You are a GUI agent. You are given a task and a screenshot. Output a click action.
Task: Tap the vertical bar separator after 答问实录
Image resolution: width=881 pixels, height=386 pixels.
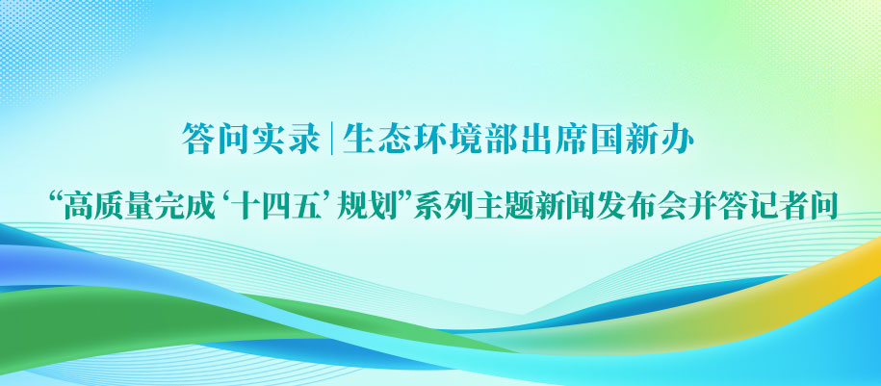[331, 140]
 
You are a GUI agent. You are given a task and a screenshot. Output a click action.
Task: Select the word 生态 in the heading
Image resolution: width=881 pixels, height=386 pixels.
[376, 140]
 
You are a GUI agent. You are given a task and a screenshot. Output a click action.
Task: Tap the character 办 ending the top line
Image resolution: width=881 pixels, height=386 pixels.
[678, 140]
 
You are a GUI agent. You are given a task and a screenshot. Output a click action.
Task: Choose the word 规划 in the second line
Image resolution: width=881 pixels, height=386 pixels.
[366, 206]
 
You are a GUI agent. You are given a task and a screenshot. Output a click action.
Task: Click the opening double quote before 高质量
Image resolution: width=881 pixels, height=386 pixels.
[55, 198]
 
